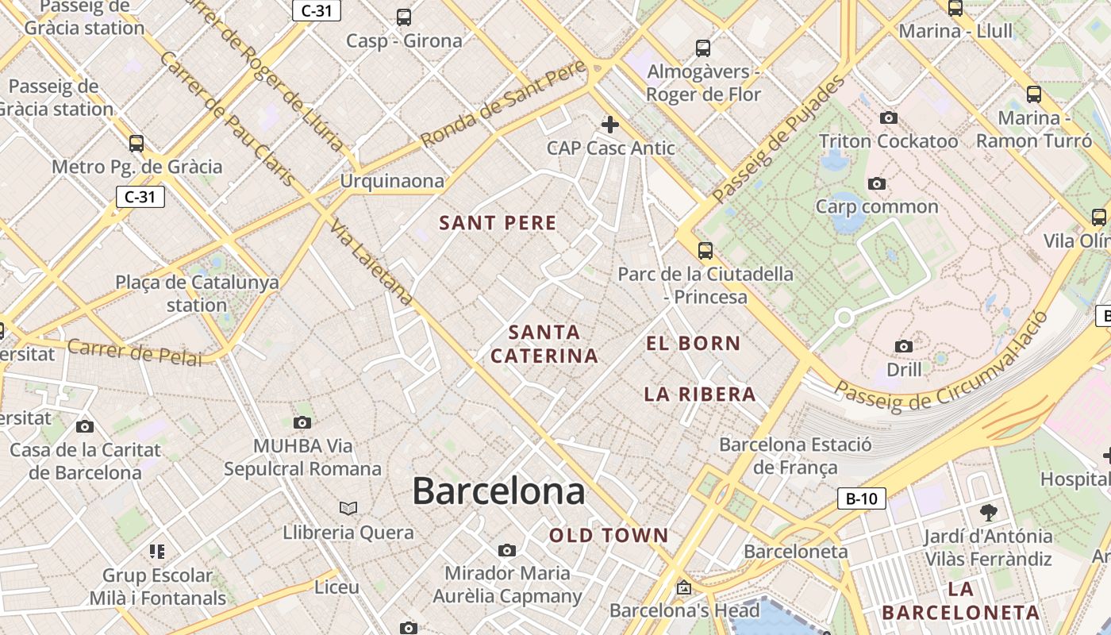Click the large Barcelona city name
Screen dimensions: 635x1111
[x=498, y=491]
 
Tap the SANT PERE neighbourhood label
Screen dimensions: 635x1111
[x=498, y=223]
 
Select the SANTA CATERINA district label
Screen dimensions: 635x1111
[x=544, y=344]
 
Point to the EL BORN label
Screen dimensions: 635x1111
[x=693, y=344]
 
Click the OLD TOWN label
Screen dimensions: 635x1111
[x=609, y=536]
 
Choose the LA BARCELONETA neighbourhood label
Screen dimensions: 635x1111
[x=960, y=601]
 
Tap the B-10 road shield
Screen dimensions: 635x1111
[x=861, y=498]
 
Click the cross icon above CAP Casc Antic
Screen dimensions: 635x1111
[x=610, y=125]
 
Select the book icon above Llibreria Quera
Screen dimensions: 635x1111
[x=348, y=508]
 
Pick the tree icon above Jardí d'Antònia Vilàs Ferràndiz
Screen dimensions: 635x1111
[x=988, y=512]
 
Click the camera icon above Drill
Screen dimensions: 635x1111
[x=903, y=346]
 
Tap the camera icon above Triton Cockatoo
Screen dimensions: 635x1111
[x=889, y=118]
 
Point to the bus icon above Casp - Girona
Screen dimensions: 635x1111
[x=404, y=17]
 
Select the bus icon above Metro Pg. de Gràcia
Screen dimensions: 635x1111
[x=136, y=144]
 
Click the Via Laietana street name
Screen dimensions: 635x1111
[x=371, y=263]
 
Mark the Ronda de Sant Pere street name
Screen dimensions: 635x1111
[x=503, y=105]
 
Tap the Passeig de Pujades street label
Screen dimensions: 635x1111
[x=779, y=139]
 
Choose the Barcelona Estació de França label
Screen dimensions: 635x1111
[x=795, y=456]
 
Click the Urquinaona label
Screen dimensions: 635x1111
[x=392, y=181]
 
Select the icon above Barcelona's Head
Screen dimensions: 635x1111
[x=683, y=588]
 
